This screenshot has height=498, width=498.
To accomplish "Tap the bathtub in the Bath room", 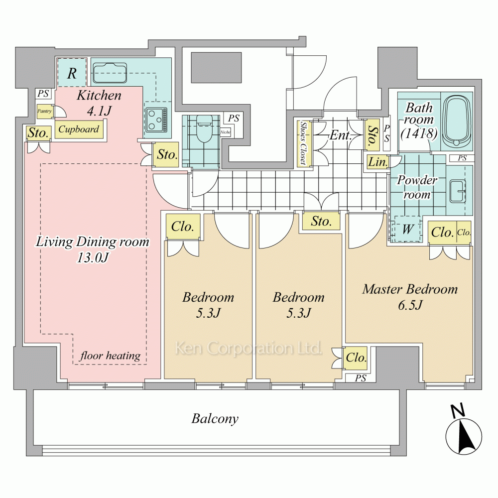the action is tap(457, 122).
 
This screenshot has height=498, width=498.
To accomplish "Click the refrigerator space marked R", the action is tap(72, 73).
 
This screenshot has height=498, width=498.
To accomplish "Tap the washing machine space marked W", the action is tap(408, 229).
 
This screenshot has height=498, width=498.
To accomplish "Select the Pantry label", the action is tap(44, 111).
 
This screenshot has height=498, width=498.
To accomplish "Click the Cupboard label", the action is tap(79, 129).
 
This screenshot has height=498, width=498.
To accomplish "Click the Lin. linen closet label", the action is tap(377, 162).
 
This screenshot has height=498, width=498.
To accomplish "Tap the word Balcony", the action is tap(215, 419).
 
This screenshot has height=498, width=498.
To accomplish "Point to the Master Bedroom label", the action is tap(410, 289).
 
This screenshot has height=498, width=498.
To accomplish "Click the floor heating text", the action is tap(110, 356).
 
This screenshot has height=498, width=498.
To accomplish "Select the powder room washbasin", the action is tap(458, 191).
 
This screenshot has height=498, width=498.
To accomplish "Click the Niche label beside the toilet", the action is tap(226, 132).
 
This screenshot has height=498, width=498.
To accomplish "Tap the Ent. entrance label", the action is tap(340, 135).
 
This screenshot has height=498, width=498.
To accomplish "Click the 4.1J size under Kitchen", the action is tap(99, 111).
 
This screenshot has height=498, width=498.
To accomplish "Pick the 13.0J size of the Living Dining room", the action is tap(93, 257).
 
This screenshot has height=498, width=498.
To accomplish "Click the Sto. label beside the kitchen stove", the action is tap(167, 155).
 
